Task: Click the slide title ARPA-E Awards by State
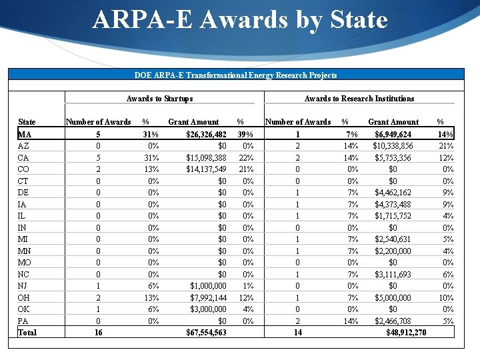(x=240, y=20)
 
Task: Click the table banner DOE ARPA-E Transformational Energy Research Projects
(x=235, y=75)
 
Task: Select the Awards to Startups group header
(x=159, y=99)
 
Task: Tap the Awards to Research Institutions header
(x=359, y=99)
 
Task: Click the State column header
(x=27, y=122)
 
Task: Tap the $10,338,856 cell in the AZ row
(x=393, y=146)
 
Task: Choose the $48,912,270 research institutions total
(x=406, y=333)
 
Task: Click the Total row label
(x=28, y=333)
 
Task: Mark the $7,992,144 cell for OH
(x=208, y=297)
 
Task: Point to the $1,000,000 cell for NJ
(x=208, y=285)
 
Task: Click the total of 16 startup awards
(x=99, y=333)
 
